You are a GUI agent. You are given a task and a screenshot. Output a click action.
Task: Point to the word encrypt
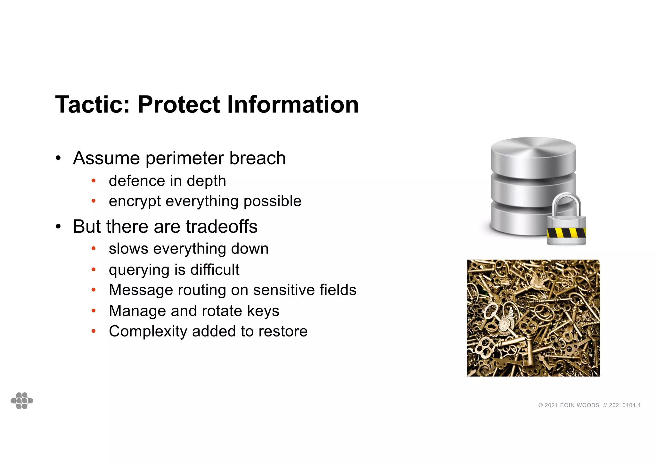135,202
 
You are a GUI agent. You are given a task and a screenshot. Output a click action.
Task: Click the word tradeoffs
221,227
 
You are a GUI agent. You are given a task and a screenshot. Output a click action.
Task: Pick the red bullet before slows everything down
94,249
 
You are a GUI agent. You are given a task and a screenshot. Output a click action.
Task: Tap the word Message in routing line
141,290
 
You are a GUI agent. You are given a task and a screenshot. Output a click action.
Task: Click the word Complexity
148,331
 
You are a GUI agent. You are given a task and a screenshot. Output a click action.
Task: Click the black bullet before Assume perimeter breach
58,158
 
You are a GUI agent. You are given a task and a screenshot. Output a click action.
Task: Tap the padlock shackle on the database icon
566,202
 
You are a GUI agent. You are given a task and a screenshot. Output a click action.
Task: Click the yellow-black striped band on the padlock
566,233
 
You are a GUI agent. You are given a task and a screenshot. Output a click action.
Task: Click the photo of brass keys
533,318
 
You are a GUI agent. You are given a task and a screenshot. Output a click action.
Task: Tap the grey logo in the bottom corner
22,401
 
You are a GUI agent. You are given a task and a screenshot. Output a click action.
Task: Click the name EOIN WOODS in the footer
579,405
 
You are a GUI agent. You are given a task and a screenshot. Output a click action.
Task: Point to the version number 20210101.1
625,405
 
